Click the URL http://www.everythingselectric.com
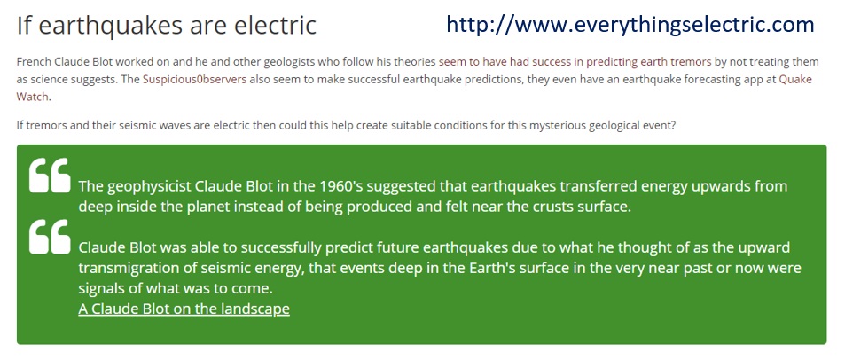pyautogui.click(x=630, y=26)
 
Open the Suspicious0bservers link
pyautogui.click(x=194, y=80)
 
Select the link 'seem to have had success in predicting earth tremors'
pyautogui.click(x=575, y=62)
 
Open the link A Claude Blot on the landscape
pyautogui.click(x=184, y=309)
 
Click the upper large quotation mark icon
pyautogui.click(x=50, y=176)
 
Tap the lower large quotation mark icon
pyautogui.click(x=50, y=237)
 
